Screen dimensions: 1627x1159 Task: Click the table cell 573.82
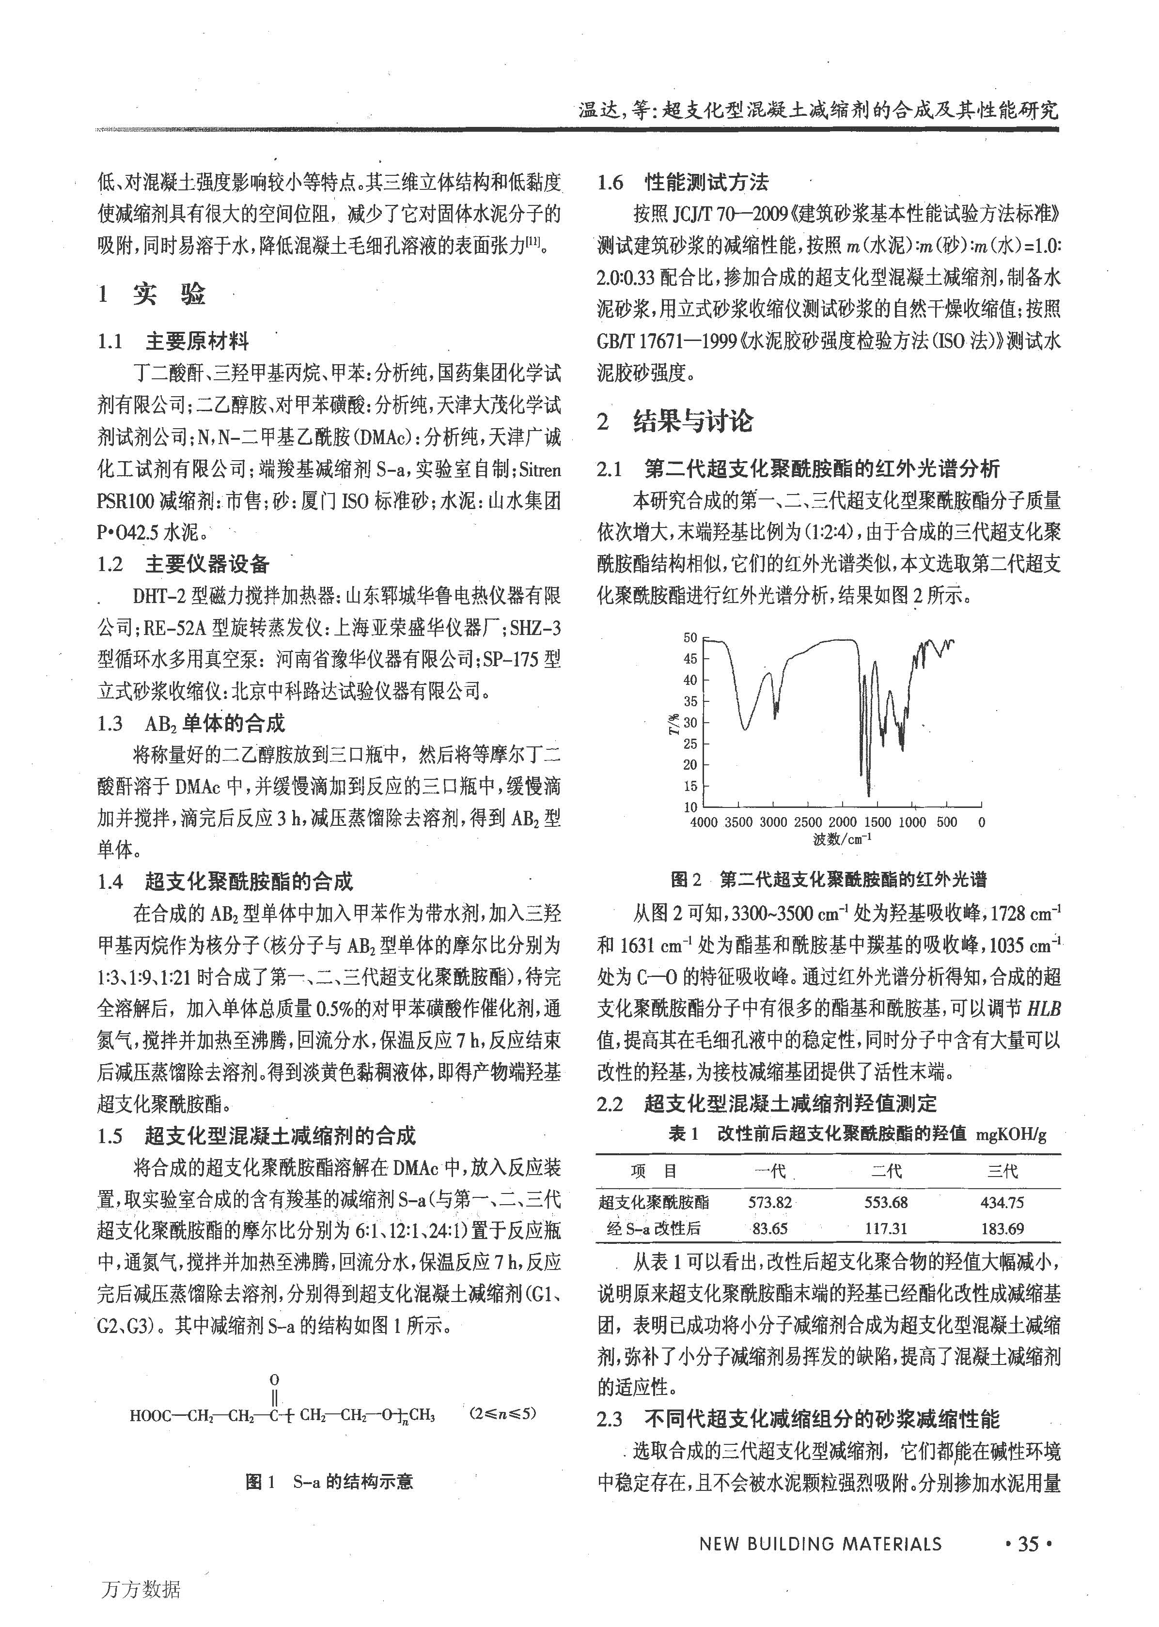769,1202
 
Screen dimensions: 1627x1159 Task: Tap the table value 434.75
1002,1202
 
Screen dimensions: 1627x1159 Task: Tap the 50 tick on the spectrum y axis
690,638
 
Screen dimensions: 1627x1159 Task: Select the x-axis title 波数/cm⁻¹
842,839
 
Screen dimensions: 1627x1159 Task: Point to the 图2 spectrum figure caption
828,880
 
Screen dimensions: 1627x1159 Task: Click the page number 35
1028,1544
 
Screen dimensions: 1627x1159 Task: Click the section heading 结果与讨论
692,421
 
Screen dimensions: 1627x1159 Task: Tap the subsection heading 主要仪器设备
207,564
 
